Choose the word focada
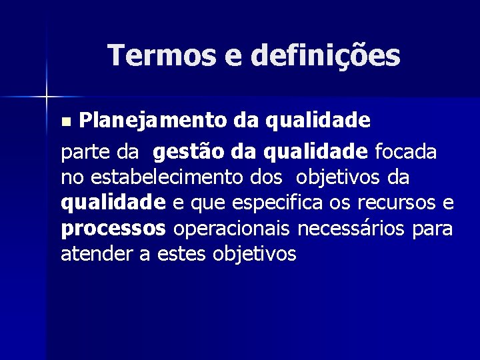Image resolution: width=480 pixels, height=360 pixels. coord(406,153)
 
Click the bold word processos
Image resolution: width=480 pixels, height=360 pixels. coord(113,229)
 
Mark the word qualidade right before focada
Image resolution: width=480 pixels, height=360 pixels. coord(316,153)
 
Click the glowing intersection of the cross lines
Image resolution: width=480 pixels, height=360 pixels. coord(47,97)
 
